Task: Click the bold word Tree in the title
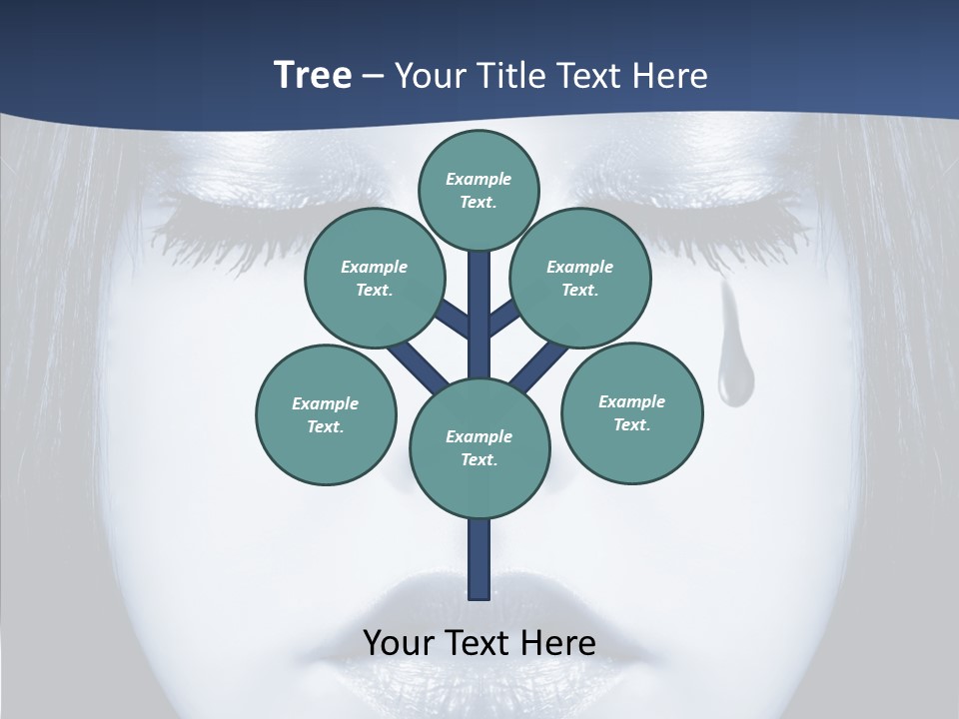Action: (313, 76)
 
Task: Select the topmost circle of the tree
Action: (479, 190)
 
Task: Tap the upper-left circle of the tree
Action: (374, 278)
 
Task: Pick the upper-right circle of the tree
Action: (579, 278)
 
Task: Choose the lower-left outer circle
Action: (326, 414)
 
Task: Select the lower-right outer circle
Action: (631, 412)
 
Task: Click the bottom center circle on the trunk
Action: (479, 447)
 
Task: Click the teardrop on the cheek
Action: (731, 374)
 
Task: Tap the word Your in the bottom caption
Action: (399, 642)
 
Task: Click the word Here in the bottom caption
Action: (561, 642)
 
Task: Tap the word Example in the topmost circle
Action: (479, 179)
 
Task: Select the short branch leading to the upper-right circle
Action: (503, 318)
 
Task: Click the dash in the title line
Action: (374, 76)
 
